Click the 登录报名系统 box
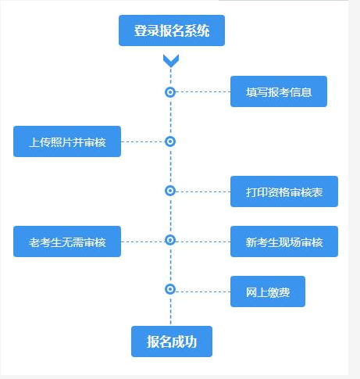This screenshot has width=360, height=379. click(x=172, y=30)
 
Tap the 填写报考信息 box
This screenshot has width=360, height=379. click(x=279, y=91)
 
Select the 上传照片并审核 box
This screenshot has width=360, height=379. click(x=67, y=141)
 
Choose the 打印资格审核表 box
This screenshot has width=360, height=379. click(x=284, y=191)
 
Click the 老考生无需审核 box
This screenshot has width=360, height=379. click(x=67, y=241)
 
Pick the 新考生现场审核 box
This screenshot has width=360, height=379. click(x=284, y=241)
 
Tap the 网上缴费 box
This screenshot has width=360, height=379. click(x=268, y=291)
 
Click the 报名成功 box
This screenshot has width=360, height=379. click(x=172, y=341)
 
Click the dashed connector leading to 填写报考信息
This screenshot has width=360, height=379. click(x=203, y=91)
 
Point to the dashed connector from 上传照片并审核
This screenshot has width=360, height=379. click(x=143, y=141)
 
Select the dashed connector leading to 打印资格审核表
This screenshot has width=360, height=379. click(x=203, y=191)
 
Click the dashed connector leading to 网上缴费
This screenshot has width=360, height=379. click(x=203, y=291)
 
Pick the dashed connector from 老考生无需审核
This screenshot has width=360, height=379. click(x=143, y=241)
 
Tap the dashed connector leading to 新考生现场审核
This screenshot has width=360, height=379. click(x=203, y=241)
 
